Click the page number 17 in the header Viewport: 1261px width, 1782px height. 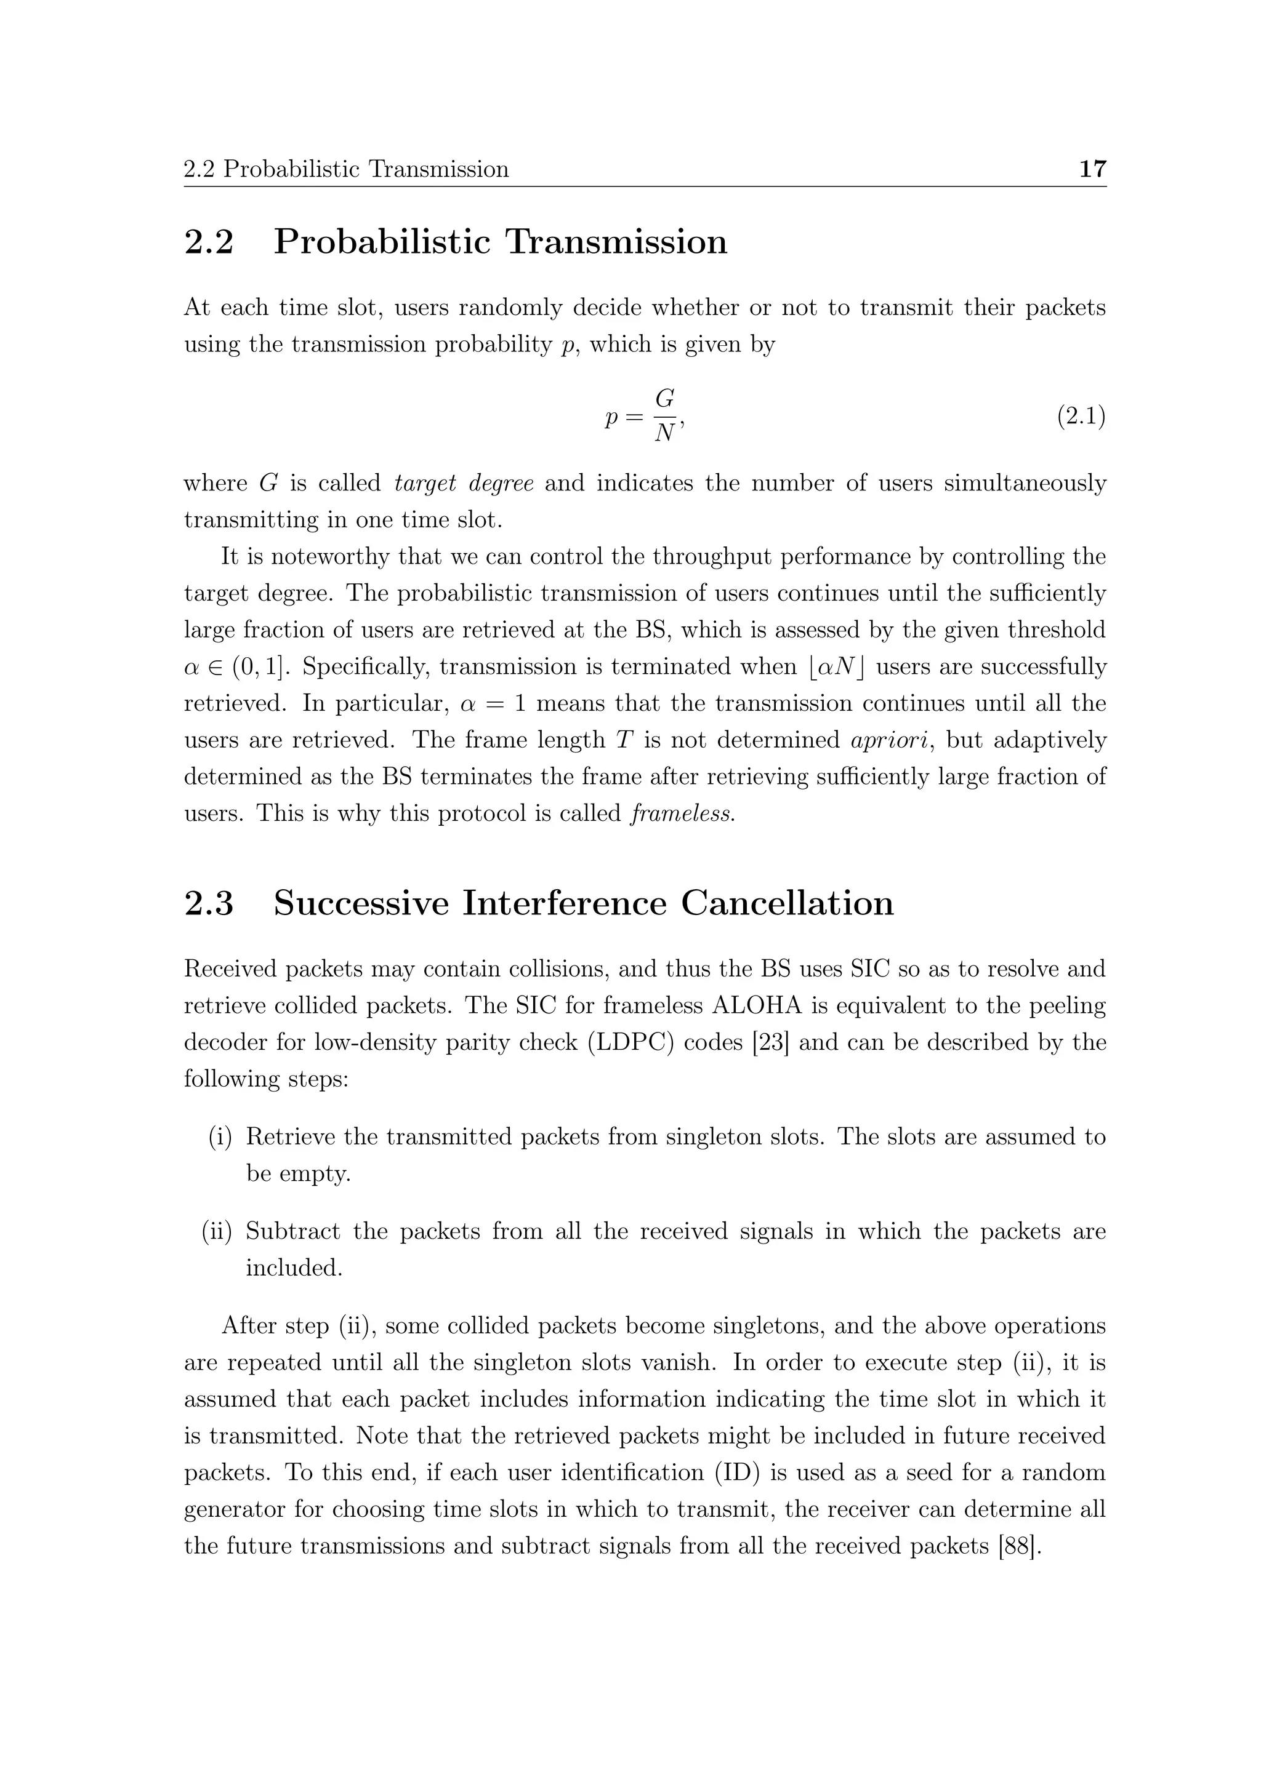coord(1092,169)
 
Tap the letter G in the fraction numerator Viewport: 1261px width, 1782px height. coord(664,399)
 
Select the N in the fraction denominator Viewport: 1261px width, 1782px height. coord(664,434)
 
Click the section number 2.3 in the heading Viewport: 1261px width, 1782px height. coord(209,903)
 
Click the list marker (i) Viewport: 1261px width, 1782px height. coord(220,1137)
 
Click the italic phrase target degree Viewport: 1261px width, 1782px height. coord(464,484)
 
